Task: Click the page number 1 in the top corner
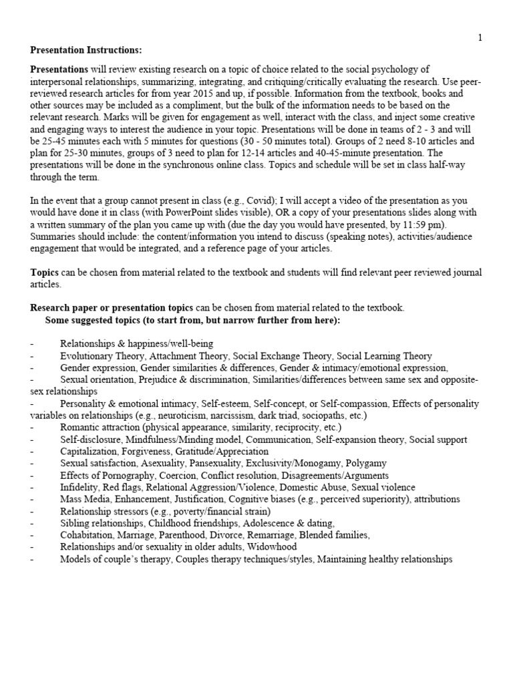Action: (480, 37)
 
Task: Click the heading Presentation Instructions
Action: (86, 50)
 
